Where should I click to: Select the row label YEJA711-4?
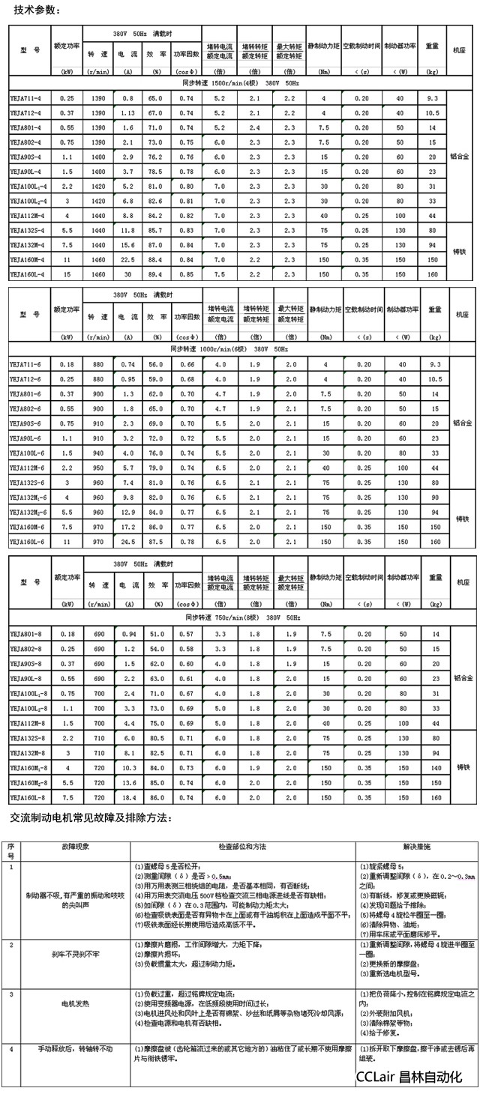point(26,99)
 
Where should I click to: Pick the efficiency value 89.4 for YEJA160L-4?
point(155,274)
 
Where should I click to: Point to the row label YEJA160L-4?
point(27,274)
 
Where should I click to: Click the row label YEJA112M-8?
point(27,723)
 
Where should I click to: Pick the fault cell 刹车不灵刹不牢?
point(75,954)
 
